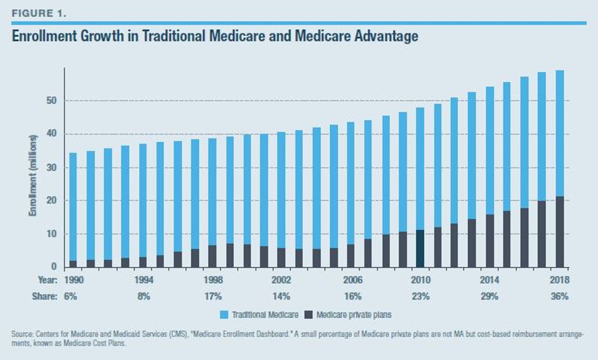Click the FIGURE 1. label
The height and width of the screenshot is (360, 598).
pos(39,14)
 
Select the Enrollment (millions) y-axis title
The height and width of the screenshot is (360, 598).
pos(33,175)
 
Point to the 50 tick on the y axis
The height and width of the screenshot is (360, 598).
pos(51,101)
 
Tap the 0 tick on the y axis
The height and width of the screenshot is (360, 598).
pos(54,267)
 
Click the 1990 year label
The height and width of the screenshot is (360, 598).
pos(74,280)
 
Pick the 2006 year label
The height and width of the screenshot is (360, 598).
pos(353,280)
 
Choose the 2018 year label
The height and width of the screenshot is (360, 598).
pos(559,280)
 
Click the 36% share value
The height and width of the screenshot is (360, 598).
pos(560,296)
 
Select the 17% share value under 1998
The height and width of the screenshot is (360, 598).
pos(213,296)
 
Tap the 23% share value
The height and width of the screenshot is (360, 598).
pos(421,296)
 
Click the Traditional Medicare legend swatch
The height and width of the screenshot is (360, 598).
pos(224,315)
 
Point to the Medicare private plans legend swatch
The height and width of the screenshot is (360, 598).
pos(309,315)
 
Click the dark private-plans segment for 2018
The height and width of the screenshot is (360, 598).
pos(559,232)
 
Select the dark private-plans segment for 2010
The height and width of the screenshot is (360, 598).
pos(420,248)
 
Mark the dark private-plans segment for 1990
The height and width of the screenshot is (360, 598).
pos(73,264)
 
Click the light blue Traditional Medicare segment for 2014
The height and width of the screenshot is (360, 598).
pos(490,151)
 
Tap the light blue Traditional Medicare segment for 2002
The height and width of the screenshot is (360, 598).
pos(281,190)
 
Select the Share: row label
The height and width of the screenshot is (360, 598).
pos(45,296)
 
